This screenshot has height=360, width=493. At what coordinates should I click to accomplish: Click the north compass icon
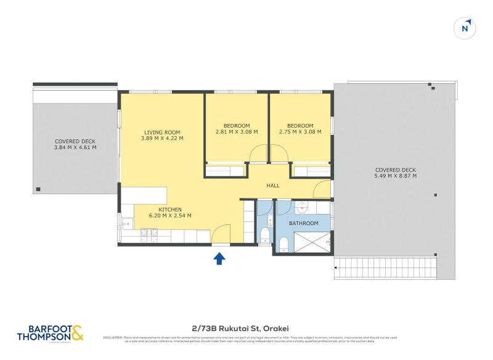coord(467,28)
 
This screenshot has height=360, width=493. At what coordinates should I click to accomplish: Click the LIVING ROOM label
coord(162,132)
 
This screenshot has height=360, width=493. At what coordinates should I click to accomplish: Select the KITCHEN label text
coord(170,210)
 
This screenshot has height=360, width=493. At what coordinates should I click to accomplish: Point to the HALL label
coord(272,186)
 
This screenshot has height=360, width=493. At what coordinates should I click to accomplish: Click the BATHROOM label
coord(304,223)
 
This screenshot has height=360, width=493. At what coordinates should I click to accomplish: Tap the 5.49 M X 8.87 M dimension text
coord(395,176)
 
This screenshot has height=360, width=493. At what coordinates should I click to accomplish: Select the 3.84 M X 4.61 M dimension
coord(75,147)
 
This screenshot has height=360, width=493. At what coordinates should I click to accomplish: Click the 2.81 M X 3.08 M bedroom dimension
coord(237,132)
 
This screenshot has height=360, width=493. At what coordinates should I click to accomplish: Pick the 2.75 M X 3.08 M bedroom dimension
coord(300,132)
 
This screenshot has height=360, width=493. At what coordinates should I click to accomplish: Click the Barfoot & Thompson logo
coord(51,333)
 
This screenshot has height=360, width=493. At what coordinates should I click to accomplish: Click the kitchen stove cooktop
coord(150,235)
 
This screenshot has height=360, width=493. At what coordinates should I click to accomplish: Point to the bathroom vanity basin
coord(303,207)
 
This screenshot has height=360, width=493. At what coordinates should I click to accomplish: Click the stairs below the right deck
coord(386,268)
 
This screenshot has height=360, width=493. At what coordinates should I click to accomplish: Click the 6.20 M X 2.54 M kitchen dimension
coord(170,216)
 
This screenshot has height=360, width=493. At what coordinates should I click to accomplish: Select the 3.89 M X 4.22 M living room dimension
coord(162,138)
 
